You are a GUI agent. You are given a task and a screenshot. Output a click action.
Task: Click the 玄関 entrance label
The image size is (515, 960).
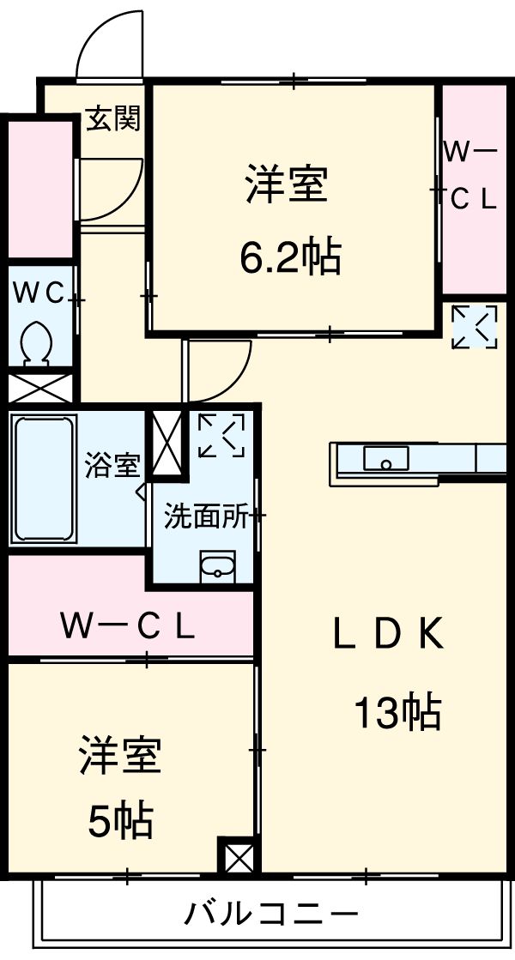(112, 120)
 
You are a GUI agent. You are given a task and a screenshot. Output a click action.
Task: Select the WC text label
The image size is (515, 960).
(39, 293)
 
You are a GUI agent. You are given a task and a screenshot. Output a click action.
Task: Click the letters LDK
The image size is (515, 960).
(387, 636)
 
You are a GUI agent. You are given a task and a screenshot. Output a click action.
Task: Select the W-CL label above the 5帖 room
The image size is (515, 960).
(127, 628)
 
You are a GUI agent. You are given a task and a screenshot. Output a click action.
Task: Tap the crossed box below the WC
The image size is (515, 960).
(40, 386)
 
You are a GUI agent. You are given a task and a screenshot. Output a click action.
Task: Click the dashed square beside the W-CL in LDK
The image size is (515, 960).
(475, 327)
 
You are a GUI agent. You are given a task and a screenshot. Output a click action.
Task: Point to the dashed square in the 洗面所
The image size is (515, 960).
(221, 435)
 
